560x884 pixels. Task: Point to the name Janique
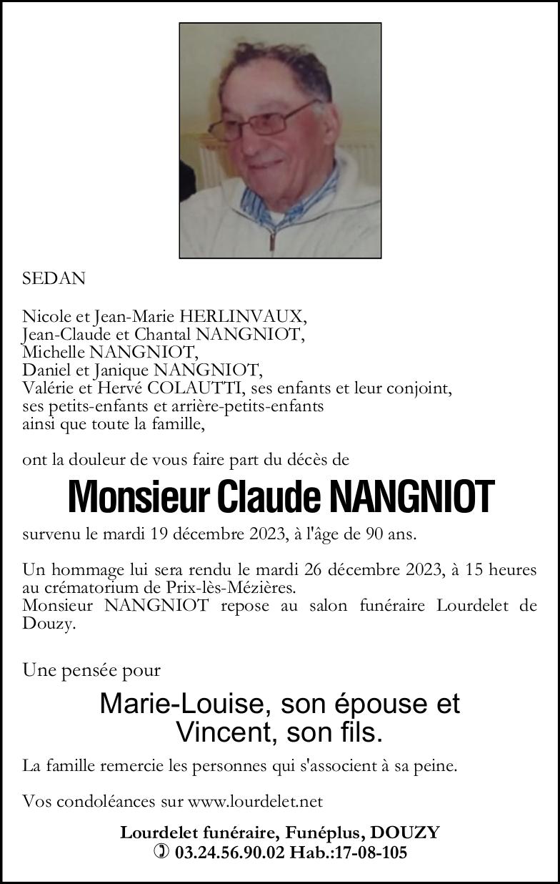pos(121,370)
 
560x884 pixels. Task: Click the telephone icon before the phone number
pos(162,852)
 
